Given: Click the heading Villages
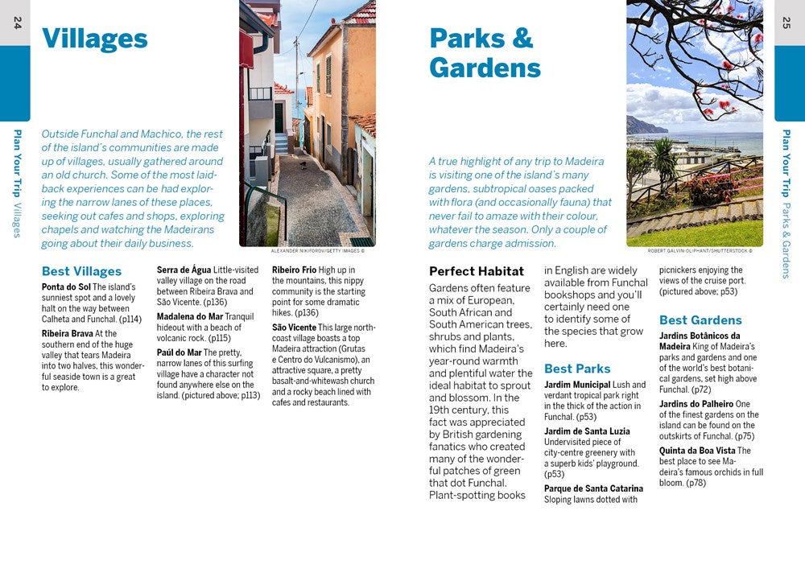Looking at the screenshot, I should point(94,39).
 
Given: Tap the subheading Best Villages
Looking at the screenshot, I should point(81,271).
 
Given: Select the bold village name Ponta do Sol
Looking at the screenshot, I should point(66,286).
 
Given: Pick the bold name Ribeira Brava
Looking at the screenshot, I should point(68,333).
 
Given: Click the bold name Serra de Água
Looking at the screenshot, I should point(184,270).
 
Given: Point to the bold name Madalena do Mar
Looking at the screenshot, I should point(189,317).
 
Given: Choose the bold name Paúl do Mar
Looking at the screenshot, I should point(179,352).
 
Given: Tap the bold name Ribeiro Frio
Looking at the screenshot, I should point(294,270).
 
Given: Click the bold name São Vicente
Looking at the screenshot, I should point(294,328).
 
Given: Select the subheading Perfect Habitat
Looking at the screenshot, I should point(476,271).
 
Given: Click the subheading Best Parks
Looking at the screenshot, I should point(577,369).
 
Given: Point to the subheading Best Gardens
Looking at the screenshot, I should point(700,320).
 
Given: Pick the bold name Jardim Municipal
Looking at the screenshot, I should point(577,385).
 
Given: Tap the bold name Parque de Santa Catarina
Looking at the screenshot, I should point(593,488).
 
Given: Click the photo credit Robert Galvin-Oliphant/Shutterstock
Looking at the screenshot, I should point(700,251).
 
